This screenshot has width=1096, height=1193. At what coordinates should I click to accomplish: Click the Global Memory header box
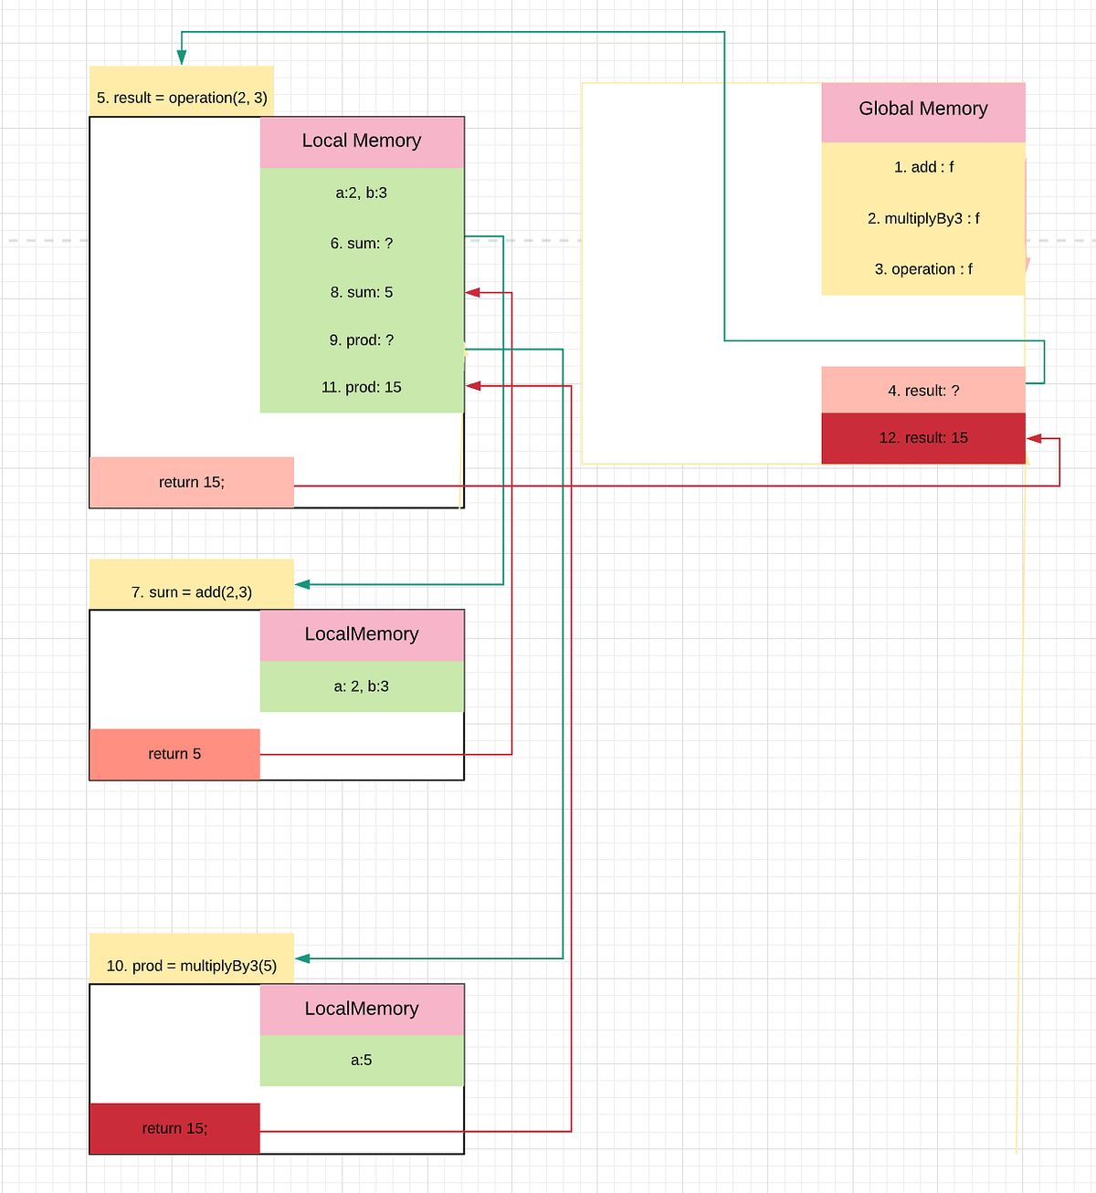pos(922,110)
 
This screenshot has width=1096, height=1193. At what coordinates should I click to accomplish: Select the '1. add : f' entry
pos(922,167)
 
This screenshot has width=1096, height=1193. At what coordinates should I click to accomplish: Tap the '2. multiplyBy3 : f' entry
pos(922,218)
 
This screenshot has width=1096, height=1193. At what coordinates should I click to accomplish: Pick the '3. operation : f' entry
pos(922,269)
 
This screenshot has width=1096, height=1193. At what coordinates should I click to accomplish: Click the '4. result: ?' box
pos(922,391)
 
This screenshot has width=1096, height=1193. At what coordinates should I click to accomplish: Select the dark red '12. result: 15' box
pos(922,438)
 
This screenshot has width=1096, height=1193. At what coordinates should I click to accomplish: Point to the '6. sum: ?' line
pos(362,244)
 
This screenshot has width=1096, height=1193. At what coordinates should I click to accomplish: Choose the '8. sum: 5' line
pos(362,292)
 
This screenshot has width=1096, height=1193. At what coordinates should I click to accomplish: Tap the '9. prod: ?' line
pos(362,340)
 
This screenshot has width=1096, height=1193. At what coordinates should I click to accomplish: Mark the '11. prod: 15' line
pos(362,388)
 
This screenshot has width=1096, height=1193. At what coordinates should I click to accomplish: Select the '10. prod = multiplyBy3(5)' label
pos(191,965)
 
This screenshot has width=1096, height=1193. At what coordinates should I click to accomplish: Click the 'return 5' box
pos(174,754)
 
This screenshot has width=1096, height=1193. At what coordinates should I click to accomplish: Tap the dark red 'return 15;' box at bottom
pos(174,1129)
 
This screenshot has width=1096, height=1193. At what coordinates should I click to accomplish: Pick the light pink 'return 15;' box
pos(191,482)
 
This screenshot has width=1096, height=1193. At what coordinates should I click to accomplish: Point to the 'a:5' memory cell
pos(362,1061)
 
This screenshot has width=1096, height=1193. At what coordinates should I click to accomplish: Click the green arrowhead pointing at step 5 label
pos(182,58)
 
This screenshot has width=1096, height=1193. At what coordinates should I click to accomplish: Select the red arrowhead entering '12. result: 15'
pos(1034,439)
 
